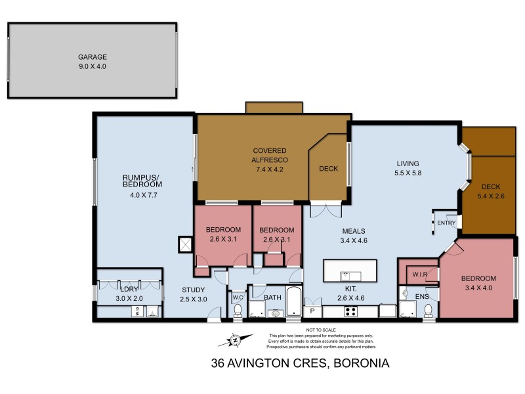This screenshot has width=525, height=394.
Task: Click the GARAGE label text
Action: (x=93, y=56)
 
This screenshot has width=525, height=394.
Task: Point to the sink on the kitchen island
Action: (x=350, y=276)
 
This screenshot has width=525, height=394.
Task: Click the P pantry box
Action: (x=312, y=312)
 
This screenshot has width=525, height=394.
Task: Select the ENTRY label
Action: (x=446, y=223)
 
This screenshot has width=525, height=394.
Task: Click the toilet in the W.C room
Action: (x=237, y=311)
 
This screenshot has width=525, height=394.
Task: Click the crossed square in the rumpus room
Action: (x=186, y=245)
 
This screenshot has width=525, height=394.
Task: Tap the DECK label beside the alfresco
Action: (x=328, y=169)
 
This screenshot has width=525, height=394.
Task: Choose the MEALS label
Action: (x=353, y=231)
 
